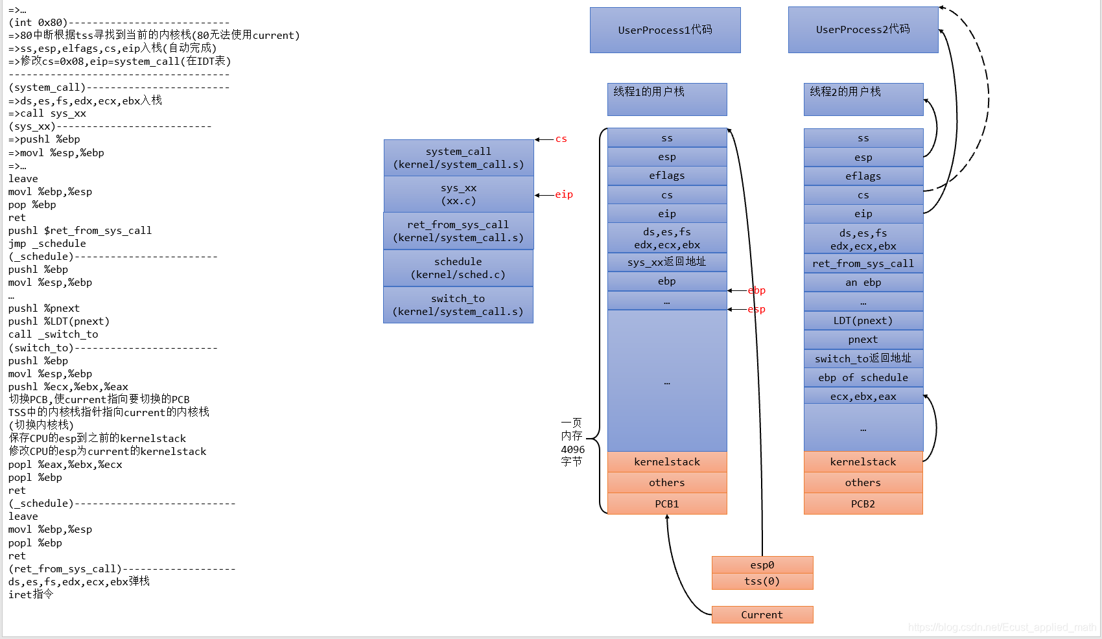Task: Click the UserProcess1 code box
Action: (x=665, y=30)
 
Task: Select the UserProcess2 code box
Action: (x=863, y=30)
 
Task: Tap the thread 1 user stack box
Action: (x=667, y=99)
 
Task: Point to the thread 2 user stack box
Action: (x=863, y=99)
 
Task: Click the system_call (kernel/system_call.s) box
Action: (x=458, y=157)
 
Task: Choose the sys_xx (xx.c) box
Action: (x=458, y=194)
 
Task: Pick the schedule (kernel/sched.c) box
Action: (x=458, y=268)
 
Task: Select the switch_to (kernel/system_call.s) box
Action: (x=458, y=305)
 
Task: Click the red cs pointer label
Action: (x=561, y=139)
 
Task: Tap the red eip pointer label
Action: (x=563, y=194)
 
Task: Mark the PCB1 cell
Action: (x=667, y=504)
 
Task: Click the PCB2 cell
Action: (x=863, y=504)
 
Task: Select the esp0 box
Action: (x=762, y=564)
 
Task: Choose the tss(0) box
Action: (x=762, y=581)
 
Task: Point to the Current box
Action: (x=762, y=614)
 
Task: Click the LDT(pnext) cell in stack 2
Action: (x=863, y=320)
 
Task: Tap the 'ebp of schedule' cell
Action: (x=863, y=377)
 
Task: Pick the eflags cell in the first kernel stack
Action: (x=667, y=176)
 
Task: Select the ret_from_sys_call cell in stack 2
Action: (x=863, y=263)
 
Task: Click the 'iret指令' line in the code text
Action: (x=31, y=594)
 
